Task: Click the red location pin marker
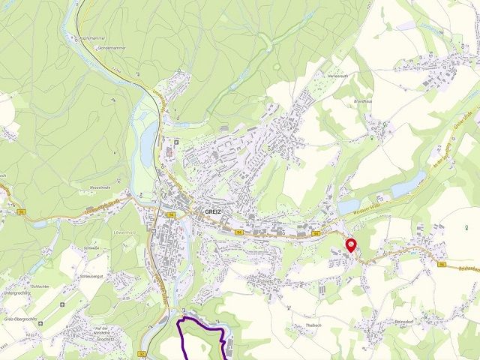[351, 245]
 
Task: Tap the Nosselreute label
[100, 188]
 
